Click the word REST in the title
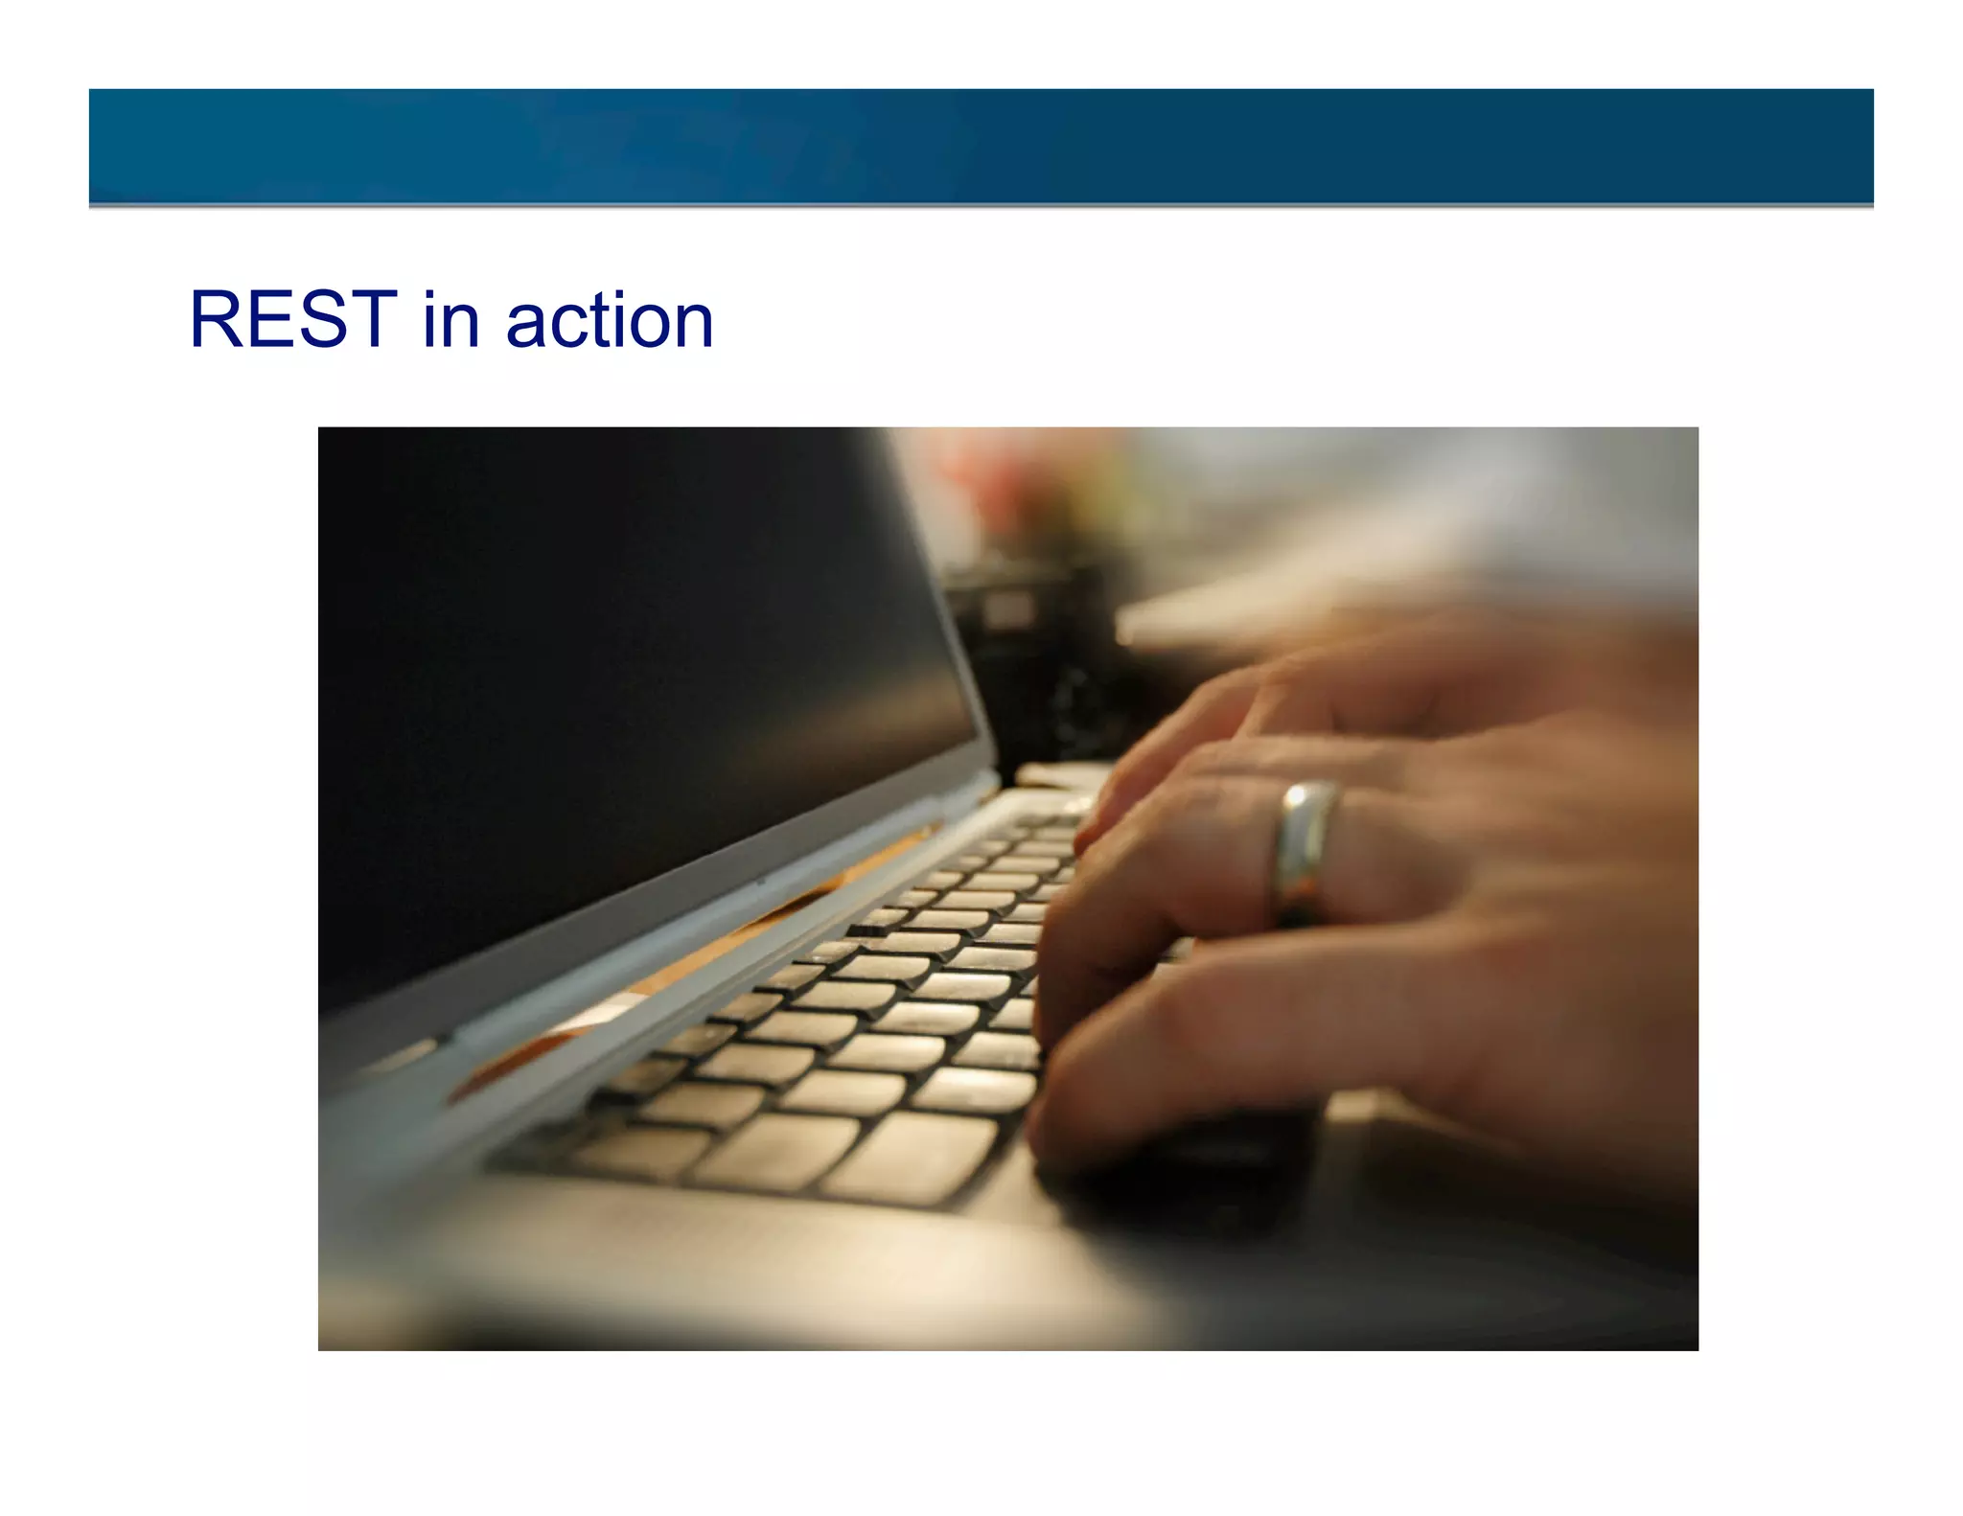pyautogui.click(x=293, y=319)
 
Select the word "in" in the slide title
pyautogui.click(x=450, y=319)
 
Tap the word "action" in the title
pyautogui.click(x=609, y=321)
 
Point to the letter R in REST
pyautogui.click(x=216, y=319)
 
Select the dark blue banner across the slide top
pyautogui.click(x=981, y=146)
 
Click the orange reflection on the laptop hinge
pyautogui.click(x=728, y=949)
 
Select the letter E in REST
pyautogui.click(x=269, y=319)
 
